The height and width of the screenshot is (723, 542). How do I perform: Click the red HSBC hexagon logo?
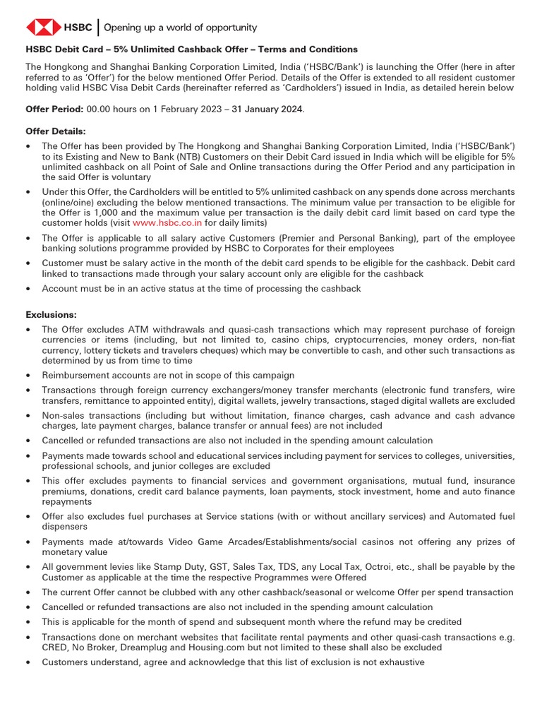coord(44,28)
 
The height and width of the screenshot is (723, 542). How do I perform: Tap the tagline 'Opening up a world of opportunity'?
coord(181,28)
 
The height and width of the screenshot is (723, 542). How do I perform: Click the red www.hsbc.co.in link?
coord(167,222)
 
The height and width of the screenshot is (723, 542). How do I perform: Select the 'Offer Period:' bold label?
coord(54,109)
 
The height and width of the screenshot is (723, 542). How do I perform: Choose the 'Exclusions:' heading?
coord(51,314)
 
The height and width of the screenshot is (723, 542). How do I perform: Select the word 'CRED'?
coord(57,647)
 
